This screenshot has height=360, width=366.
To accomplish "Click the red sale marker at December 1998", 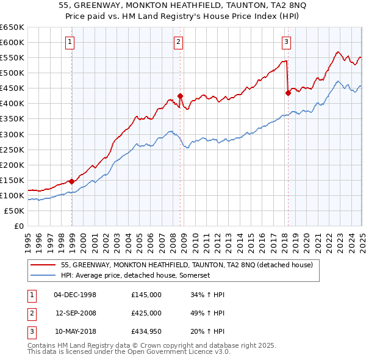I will tap(72, 181).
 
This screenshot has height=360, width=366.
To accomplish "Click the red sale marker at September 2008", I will tap(181, 96).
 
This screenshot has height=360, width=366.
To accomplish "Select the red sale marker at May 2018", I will tap(288, 93).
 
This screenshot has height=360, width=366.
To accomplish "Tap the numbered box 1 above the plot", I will tap(71, 42).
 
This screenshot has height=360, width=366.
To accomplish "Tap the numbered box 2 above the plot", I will tap(178, 42).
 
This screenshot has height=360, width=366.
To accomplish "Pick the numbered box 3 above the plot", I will tap(286, 42).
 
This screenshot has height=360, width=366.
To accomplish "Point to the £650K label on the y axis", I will tap(12, 27).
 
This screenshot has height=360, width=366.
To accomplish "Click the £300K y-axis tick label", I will tap(12, 134).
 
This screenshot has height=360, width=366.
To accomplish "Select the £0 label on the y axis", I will tap(19, 226).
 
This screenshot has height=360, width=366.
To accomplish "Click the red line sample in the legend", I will tap(43, 265).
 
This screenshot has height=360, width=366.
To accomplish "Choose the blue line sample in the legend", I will tap(43, 276).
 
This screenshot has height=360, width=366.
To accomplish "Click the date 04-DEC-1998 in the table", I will tap(75, 295).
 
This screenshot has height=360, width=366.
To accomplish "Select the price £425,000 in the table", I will tap(146, 313).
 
